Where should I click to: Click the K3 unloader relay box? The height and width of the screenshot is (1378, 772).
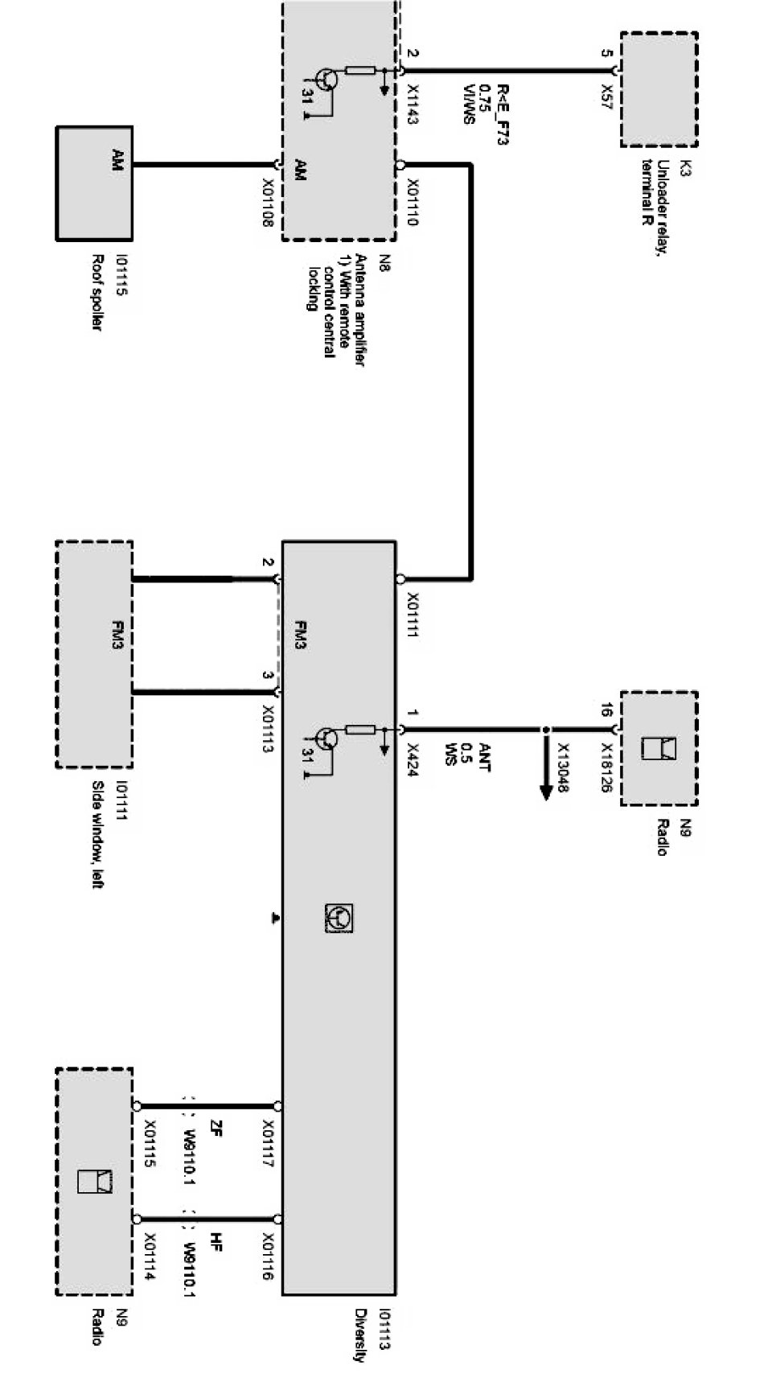659,89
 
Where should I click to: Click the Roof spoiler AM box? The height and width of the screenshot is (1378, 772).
94,183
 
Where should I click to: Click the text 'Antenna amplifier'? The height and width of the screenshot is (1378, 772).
360,311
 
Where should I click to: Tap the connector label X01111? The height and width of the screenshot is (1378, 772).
413,615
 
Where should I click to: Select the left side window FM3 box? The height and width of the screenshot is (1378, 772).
94,654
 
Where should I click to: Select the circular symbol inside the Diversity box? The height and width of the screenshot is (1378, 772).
339,918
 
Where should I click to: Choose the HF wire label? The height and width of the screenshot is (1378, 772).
216,1241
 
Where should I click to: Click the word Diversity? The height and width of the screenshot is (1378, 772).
360,1335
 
